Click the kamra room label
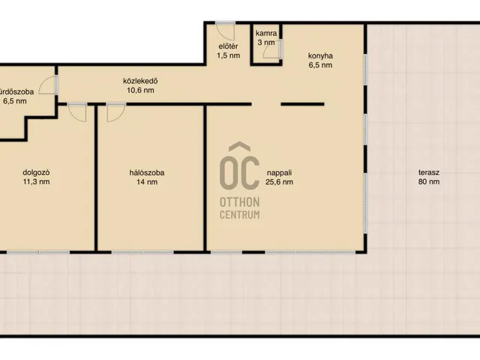pos(266,33)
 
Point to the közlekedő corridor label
pos(140,81)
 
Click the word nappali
pos(279,172)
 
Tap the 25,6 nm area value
pos(279,181)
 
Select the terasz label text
pos(429,172)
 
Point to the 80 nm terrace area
pos(429,181)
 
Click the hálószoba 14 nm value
pos(147,181)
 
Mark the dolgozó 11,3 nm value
pos(36,181)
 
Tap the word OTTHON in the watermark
pos(240,202)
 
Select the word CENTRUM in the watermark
pos(240,214)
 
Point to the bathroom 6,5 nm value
pos(15,101)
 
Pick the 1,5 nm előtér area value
pos(228,55)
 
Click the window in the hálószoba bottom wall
pos(142,252)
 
